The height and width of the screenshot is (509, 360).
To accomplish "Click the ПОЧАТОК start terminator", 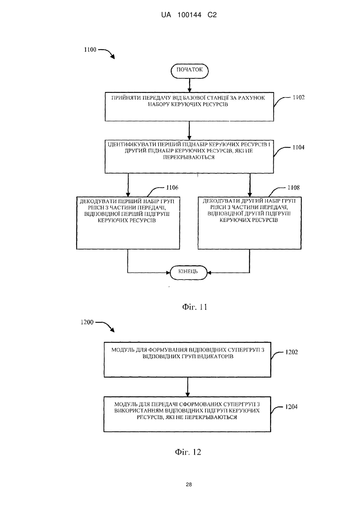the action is click(189, 71).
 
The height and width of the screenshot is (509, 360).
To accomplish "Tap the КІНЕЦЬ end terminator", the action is click(189, 272).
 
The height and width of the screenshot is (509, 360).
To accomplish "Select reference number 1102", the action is click(298, 98).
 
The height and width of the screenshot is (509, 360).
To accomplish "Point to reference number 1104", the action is click(298, 148).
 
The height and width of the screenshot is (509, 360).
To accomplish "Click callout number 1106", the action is click(172, 188).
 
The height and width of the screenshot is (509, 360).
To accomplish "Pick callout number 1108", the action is click(293, 188).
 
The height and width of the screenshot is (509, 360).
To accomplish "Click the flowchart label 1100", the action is click(90, 50).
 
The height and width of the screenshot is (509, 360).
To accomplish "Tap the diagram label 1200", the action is click(87, 322).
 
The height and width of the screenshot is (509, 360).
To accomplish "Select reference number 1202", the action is click(291, 352).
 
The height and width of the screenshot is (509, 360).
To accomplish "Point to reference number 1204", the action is click(291, 407).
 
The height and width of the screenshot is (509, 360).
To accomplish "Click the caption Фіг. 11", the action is click(195, 307).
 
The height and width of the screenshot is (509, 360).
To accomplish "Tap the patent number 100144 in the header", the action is click(189, 15).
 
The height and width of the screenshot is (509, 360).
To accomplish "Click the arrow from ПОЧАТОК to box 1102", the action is click(189, 85).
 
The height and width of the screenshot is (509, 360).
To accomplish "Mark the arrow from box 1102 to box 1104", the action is click(189, 130).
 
